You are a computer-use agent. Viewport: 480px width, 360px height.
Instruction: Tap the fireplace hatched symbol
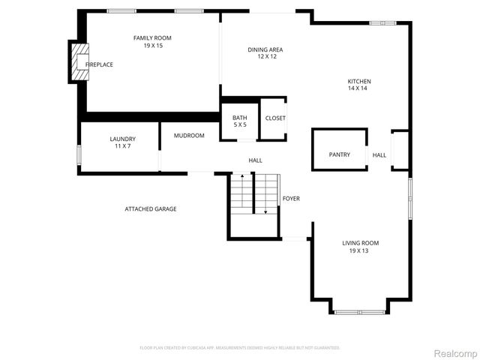79,62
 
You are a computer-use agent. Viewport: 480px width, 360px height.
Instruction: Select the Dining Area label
265,49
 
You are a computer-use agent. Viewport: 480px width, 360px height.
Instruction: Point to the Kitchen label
358,81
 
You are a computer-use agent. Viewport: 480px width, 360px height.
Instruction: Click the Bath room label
239,118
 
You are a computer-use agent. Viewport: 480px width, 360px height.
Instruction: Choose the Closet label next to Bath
275,118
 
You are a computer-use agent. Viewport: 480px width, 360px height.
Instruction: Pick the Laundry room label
122,139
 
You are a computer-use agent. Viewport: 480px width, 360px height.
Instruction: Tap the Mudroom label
189,136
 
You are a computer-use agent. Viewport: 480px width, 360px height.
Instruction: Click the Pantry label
340,154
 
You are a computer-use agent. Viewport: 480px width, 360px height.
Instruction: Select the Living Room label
360,243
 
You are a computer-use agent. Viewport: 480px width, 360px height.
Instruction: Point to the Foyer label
291,199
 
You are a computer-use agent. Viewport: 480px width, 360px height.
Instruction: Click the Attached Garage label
151,208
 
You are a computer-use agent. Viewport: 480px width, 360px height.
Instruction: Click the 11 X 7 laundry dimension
122,145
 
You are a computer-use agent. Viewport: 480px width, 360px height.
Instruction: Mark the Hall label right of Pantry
379,155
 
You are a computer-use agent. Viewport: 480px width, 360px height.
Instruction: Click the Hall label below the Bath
256,160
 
